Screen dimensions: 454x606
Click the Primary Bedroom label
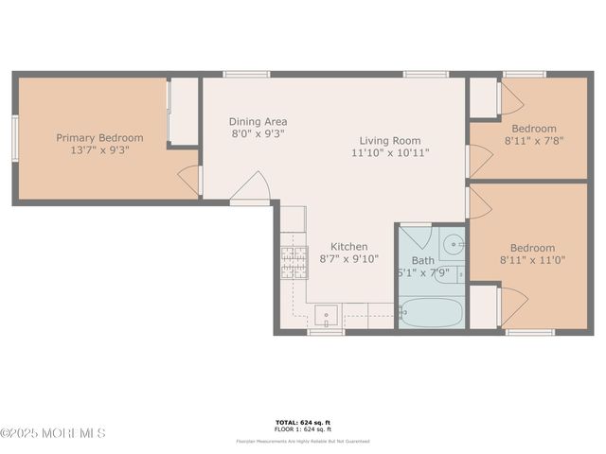pyautogui.click(x=99, y=137)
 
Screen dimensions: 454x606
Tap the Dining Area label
pyautogui.click(x=258, y=122)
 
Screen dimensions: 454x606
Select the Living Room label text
pyautogui.click(x=390, y=139)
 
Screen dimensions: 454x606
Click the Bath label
pyautogui.click(x=422, y=260)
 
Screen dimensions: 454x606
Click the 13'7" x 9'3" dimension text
pyautogui.click(x=99, y=149)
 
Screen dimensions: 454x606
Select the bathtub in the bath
pyautogui.click(x=431, y=311)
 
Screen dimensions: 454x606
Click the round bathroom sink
pyautogui.click(x=454, y=245)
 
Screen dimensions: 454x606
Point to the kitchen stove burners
pyautogui.click(x=293, y=261)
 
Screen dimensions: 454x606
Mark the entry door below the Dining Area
pyautogui.click(x=251, y=188)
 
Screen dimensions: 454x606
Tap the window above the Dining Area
pyautogui.click(x=246, y=74)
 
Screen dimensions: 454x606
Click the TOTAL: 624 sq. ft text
pyautogui.click(x=303, y=422)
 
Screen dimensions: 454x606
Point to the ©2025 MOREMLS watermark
pyautogui.click(x=53, y=433)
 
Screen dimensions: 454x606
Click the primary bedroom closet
pyautogui.click(x=183, y=111)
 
